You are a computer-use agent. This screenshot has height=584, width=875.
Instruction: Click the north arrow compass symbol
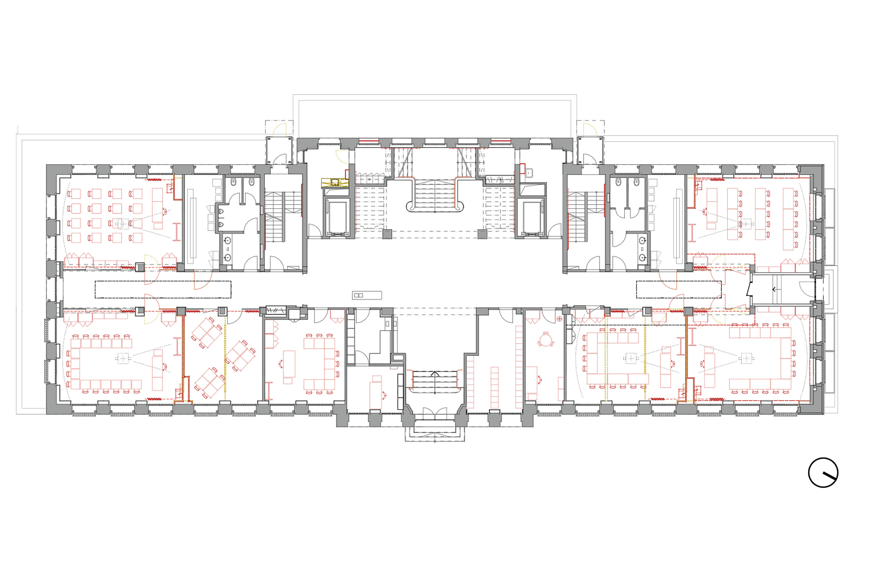[823, 473]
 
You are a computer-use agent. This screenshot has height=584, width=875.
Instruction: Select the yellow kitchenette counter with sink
[335, 182]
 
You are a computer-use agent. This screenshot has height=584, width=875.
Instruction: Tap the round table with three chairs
[545, 339]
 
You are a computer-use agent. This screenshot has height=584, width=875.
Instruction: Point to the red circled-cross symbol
[559, 319]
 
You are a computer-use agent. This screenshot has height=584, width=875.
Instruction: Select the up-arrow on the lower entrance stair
[435, 374]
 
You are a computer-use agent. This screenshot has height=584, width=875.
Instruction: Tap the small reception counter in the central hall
[367, 295]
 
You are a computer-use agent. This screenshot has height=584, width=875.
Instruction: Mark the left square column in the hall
[387, 234]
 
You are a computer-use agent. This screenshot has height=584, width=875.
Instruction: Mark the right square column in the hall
[482, 234]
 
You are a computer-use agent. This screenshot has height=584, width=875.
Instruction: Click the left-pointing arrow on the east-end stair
[774, 289]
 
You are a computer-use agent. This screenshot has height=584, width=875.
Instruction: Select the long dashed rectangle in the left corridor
[163, 289]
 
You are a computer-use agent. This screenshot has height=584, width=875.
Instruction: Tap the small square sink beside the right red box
[529, 173]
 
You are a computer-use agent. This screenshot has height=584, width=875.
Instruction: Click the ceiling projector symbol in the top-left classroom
[119, 224]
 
